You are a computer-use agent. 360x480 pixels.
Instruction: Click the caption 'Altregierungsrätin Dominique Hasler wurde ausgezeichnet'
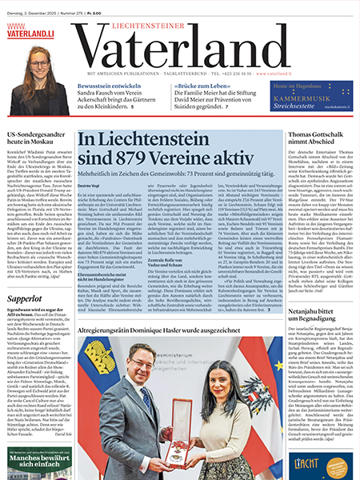pyautogui.click(x=178, y=330)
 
